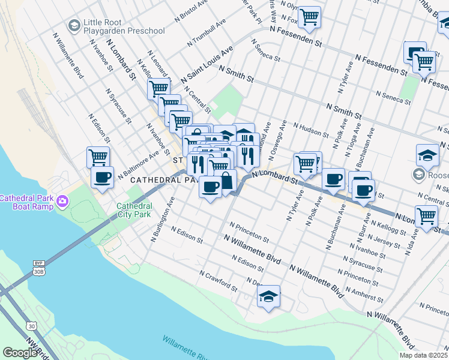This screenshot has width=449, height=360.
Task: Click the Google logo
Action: [x=20, y=353]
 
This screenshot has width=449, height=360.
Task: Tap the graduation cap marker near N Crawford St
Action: [x=268, y=296]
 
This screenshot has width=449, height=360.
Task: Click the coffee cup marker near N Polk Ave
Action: [x=333, y=178]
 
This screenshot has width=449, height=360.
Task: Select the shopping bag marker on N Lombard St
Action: [x=227, y=181]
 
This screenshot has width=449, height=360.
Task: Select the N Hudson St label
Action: [x=311, y=130]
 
